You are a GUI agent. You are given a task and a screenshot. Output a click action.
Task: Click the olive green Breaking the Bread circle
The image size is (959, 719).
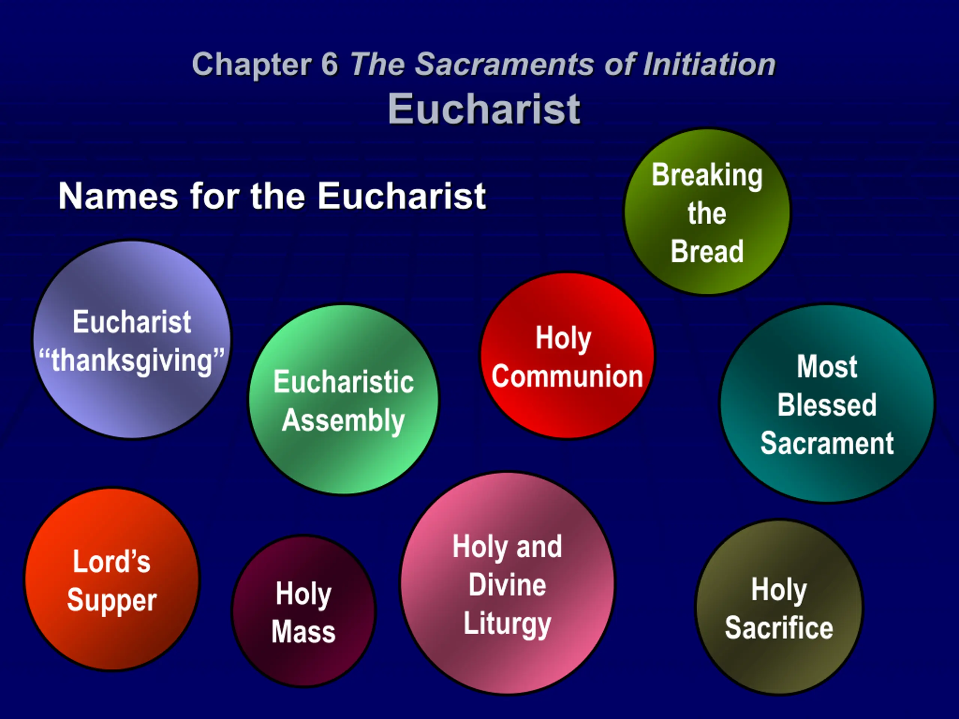tap(707, 212)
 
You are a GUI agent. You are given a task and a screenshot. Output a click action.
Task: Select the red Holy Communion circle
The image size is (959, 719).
tap(567, 355)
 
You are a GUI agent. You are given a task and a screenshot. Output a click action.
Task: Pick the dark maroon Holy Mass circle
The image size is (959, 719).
tap(303, 611)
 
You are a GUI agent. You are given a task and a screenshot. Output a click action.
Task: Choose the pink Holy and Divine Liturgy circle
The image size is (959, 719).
tap(507, 583)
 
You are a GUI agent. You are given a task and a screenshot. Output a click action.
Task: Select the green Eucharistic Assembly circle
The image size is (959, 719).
tap(344, 399)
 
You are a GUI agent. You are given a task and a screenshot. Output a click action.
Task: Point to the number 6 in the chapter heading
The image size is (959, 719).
tap(330, 64)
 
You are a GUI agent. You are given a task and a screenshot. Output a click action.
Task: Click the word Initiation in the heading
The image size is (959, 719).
tap(709, 64)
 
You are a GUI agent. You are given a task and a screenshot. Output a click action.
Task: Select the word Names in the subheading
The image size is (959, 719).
tap(118, 196)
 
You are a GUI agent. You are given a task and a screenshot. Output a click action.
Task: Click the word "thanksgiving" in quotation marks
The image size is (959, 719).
tap(132, 361)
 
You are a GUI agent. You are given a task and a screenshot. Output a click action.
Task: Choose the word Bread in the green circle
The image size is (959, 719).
tap(707, 251)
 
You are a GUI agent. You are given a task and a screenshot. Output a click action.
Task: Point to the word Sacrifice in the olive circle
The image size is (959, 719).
tap(779, 628)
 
